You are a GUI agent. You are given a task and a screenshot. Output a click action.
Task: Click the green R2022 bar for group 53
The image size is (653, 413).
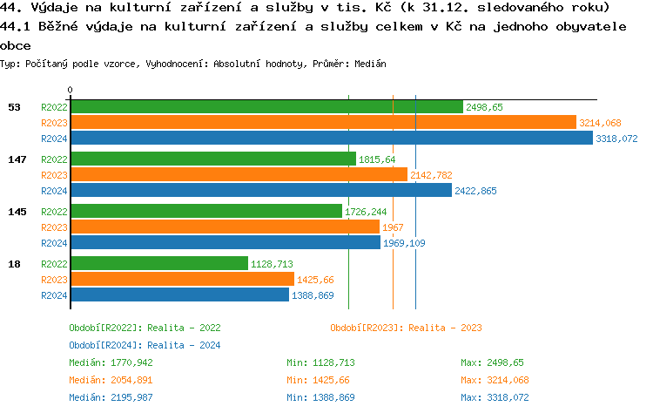[x=266, y=107]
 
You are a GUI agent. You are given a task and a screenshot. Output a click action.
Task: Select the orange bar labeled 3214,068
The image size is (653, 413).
[x=323, y=123]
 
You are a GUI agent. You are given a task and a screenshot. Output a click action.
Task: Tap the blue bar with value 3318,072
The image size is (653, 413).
[x=331, y=139]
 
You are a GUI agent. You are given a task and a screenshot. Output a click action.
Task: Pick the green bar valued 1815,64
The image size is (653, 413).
[x=213, y=159]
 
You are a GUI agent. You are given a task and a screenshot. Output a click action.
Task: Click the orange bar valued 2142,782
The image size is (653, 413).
[x=239, y=175]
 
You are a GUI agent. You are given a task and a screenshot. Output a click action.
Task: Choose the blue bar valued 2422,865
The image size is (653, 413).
[x=261, y=191]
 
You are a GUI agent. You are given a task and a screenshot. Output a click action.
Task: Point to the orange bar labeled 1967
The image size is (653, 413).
[x=225, y=227]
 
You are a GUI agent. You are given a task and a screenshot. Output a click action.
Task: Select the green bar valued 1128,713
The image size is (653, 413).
[x=159, y=263]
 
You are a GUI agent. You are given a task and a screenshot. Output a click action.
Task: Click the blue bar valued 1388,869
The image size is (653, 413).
[x=179, y=295]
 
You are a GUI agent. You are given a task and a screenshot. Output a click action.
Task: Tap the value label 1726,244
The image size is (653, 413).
[x=366, y=212]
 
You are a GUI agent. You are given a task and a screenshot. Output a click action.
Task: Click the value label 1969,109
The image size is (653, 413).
[x=404, y=243]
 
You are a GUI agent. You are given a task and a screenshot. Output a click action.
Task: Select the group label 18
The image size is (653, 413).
[x=14, y=263]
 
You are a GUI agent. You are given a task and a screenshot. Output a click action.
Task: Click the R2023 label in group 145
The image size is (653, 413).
[x=54, y=227]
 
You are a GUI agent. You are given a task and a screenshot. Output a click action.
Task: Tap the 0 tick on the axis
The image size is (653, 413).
[x=71, y=90]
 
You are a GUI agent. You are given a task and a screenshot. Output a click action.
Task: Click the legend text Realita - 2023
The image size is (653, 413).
[x=443, y=328]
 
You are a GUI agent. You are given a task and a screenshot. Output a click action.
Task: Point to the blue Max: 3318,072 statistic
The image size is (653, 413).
[x=495, y=397]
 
